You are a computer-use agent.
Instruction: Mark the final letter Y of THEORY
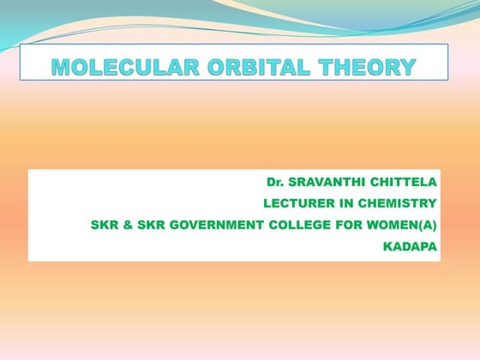tap(408, 67)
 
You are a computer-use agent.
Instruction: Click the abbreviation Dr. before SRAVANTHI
tap(274, 183)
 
